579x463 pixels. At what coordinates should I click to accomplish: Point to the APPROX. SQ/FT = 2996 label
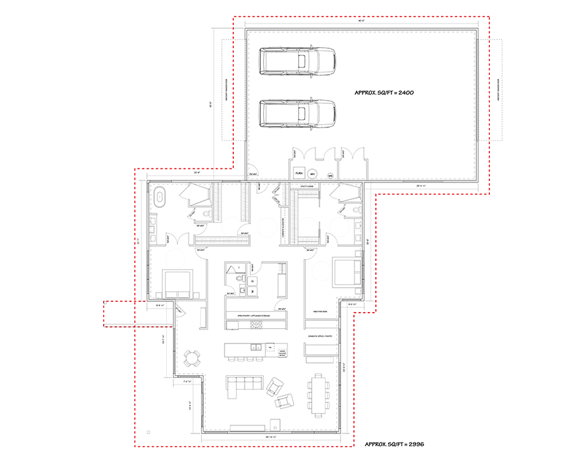(394, 444)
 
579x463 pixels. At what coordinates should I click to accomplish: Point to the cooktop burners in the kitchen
(257, 325)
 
